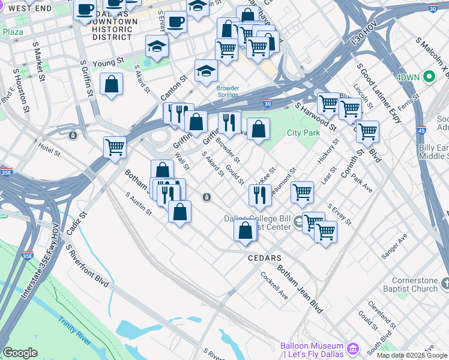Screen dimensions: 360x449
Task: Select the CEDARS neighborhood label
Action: point(265,258)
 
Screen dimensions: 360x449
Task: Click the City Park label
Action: point(303,133)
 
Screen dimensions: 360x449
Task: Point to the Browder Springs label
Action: point(228,92)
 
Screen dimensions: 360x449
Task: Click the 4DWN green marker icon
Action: point(429,77)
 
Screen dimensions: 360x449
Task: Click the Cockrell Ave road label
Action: point(274,286)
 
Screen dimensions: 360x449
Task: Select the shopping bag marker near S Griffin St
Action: point(112,84)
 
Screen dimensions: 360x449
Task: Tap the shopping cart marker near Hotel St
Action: point(114,146)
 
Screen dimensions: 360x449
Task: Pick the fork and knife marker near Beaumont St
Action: point(259,194)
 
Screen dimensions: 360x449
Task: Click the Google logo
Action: point(20,353)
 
